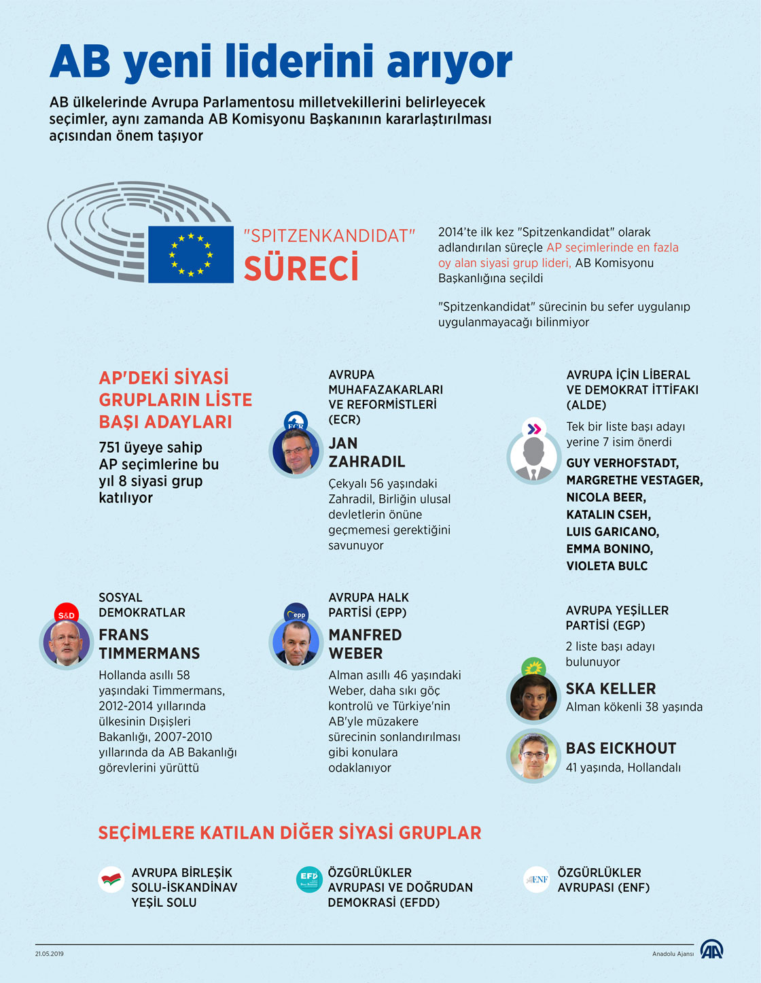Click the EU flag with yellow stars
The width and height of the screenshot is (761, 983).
191,254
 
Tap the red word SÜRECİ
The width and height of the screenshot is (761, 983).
301,269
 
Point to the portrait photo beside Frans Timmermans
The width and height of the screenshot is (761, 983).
67,643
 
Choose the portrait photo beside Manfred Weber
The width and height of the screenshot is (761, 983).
296,643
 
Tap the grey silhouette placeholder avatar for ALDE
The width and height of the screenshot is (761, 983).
533,458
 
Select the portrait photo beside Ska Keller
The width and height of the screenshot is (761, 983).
533,697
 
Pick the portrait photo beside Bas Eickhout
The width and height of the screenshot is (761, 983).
533,756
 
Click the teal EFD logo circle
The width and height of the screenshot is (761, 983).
309,879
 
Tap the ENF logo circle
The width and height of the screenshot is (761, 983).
537,880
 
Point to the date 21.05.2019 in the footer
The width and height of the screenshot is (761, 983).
50,954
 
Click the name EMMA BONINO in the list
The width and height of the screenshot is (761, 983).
609,549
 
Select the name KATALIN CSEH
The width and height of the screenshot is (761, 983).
608,515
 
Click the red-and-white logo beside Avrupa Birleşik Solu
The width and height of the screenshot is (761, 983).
111,880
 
